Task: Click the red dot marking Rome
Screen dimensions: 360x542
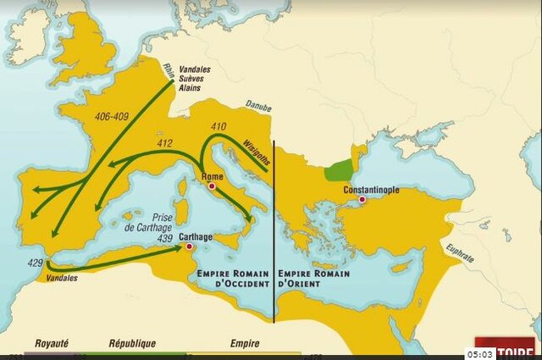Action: [x=213, y=186]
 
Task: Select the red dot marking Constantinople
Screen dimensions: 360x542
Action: [x=362, y=200]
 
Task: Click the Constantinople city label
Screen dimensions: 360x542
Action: [x=371, y=190]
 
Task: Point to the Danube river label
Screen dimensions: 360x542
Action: [x=259, y=108]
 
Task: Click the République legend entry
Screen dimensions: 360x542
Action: [x=131, y=344]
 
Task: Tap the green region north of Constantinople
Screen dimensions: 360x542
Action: [x=340, y=169]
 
